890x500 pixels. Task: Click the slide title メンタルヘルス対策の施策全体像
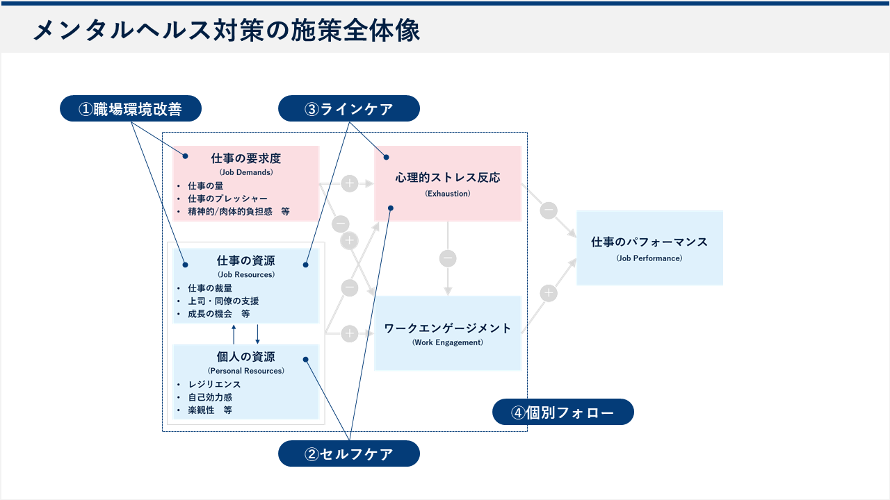pos(227,31)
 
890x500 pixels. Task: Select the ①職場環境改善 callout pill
pos(131,109)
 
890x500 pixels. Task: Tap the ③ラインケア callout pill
pos(349,109)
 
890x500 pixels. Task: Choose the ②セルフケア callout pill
pos(349,454)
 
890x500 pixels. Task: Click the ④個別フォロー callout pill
pos(563,412)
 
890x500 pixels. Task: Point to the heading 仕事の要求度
pos(245,158)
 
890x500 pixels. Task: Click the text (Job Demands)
pos(245,172)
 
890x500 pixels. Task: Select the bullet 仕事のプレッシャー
pos(227,199)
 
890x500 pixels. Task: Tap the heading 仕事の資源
pos(245,260)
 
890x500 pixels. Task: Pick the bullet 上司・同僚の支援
pos(223,301)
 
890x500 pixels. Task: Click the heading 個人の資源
pos(245,357)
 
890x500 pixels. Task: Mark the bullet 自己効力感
pos(210,397)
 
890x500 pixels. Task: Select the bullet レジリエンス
pos(214,384)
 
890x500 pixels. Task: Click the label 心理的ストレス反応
pos(448,178)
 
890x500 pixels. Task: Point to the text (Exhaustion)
pos(448,194)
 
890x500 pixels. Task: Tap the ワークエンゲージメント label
pos(448,328)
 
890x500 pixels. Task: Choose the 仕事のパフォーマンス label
pos(649,242)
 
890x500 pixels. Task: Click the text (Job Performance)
pos(649,258)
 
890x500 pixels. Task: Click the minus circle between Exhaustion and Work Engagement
pos(448,258)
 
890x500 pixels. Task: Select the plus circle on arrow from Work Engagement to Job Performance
pos(549,293)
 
